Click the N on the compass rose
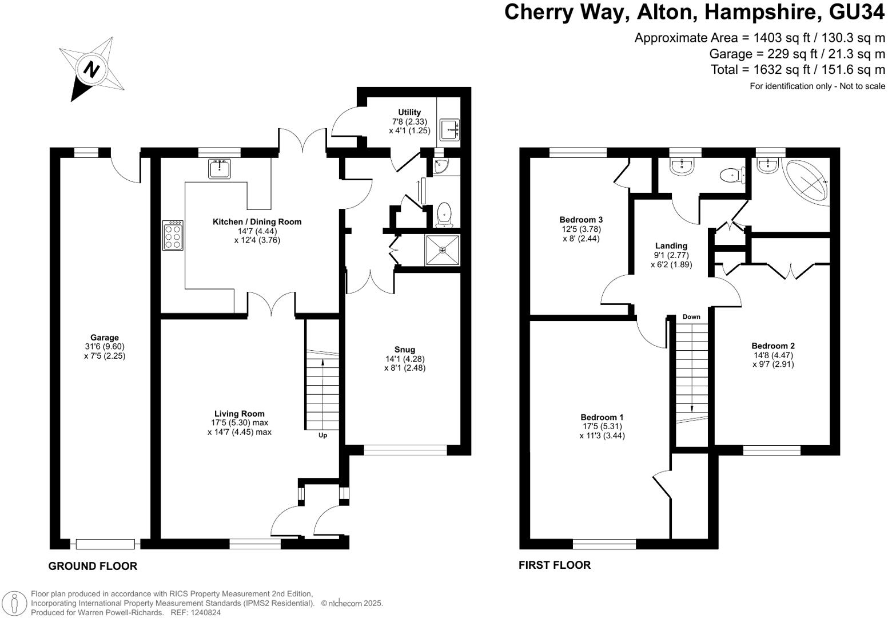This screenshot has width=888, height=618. pos(92,70)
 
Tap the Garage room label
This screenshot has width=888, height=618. pos(105,338)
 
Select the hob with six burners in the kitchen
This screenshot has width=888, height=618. pos(173,235)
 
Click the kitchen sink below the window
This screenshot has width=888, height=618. pos(219,169)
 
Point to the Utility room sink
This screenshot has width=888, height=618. pos(450,129)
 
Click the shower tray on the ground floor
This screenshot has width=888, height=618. pos(443,250)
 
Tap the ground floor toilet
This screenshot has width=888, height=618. pos(444,215)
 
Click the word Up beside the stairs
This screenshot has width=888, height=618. pos(322,435)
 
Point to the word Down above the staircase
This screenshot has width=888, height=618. pos(691,316)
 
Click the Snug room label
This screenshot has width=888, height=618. pos(405,350)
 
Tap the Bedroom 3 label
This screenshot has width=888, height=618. pos(581,219)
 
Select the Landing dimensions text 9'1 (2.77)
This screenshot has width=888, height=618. pos(671,255)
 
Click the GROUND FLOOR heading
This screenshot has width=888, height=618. pos(93,566)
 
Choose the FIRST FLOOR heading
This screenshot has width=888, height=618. pos(555,565)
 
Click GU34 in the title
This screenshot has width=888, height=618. pos(857,12)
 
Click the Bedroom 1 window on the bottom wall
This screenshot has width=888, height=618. pos(604,544)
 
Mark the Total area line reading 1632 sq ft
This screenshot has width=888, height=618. pos(798,70)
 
